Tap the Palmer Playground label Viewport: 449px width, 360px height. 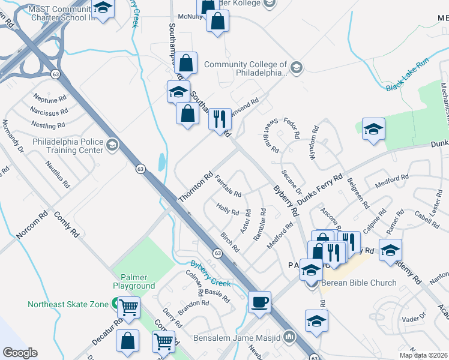coord(134,281)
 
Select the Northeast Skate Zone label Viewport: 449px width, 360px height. coord(67,304)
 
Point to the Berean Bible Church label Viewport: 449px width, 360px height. coord(359,283)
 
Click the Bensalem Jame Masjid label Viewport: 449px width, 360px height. coord(238,337)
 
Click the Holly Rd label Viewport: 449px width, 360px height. coord(228,211)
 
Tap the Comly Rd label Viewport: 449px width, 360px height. coord(67,223)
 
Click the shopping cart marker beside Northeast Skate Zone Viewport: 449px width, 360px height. coord(128,307)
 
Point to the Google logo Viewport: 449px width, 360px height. coord(20,352)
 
